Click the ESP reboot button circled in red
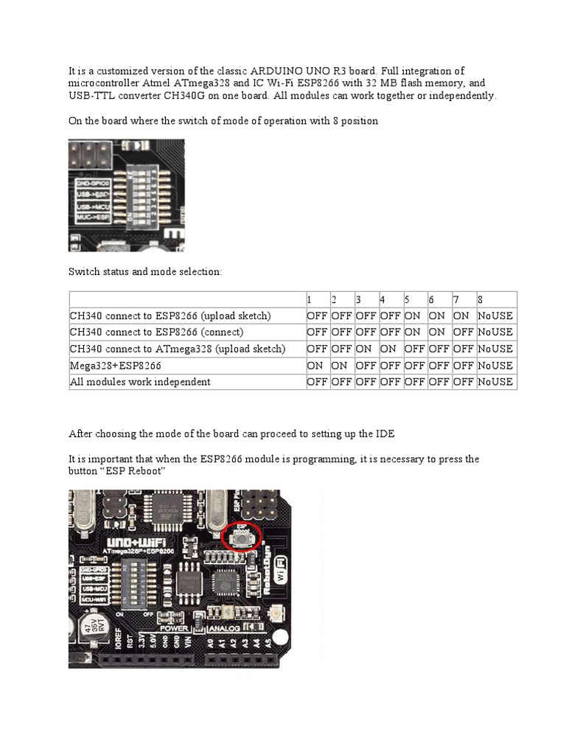[240, 539]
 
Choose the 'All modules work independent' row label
[140, 382]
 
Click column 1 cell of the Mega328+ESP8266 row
[318, 366]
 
